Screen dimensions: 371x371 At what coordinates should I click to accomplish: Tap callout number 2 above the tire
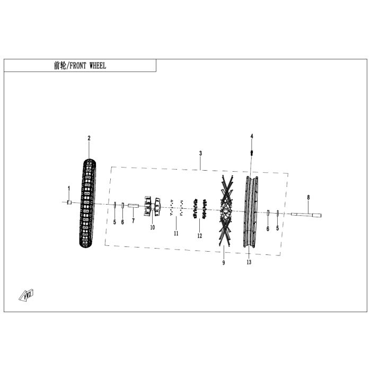pos(89,138)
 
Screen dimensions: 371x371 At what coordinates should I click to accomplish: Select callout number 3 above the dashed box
pos(200,154)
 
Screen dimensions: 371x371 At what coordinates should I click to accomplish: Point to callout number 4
pos(252,137)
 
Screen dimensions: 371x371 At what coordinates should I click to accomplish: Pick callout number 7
pos(133,220)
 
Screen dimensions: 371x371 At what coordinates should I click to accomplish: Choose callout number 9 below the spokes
pos(224,263)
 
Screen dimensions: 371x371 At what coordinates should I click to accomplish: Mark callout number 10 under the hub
pos(152,227)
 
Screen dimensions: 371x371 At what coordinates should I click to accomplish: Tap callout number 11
pos(176,233)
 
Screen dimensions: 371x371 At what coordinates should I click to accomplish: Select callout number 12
pos(200,236)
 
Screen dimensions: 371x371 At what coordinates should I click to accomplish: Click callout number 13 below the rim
pos(249,262)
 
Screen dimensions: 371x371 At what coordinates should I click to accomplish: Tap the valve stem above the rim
pos(251,154)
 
